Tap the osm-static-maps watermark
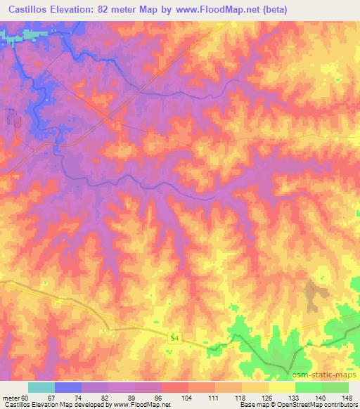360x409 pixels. (x=314, y=373)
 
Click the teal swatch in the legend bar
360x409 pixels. (x=41, y=388)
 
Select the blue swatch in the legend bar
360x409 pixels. (x=68, y=388)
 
